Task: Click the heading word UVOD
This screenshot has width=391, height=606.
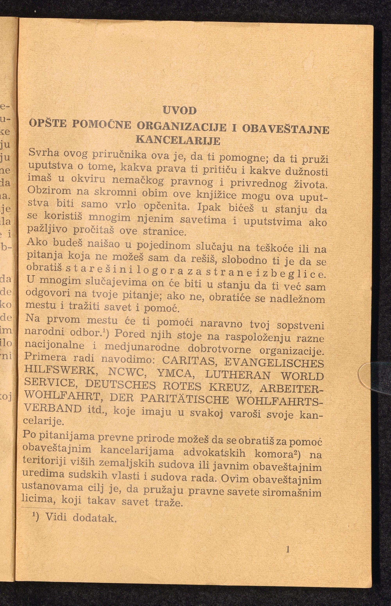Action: pos(180,111)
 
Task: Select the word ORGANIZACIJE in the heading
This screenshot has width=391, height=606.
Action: pos(182,126)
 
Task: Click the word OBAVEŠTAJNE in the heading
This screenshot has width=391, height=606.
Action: pos(286,129)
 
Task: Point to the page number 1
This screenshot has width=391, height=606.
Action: pos(288,550)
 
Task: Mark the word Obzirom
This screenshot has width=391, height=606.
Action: pos(49,190)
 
